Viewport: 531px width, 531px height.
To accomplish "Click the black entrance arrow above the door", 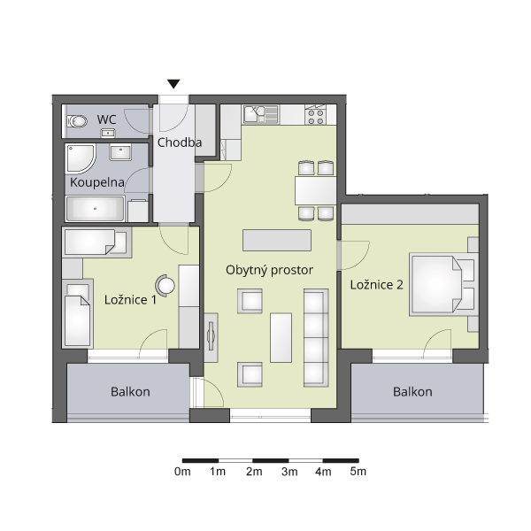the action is click(173, 84).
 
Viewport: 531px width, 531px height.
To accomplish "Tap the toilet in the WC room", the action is click(77, 121).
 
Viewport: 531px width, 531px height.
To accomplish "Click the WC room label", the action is click(106, 119).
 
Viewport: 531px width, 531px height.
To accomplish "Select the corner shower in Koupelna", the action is click(81, 158).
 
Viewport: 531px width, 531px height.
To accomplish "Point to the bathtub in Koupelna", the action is click(96, 209).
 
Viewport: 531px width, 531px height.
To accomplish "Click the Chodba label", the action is click(180, 142).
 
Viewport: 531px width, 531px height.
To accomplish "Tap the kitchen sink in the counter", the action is click(261, 114).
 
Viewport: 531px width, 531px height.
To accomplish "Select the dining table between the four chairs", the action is click(315, 190).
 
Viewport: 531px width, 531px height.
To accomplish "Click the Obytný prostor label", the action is click(269, 270).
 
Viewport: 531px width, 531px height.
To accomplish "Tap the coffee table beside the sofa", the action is click(281, 338).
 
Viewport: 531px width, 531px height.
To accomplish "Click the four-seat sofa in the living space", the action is click(316, 338).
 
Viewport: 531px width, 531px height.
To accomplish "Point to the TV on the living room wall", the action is click(212, 336).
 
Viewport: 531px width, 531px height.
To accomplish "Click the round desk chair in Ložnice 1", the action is click(165, 286).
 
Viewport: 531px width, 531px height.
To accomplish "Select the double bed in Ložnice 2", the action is click(443, 284).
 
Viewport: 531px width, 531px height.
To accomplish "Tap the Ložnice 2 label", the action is click(377, 285).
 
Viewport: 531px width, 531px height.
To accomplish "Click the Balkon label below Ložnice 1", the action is click(130, 392).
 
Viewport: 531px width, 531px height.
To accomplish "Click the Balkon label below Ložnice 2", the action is click(412, 392).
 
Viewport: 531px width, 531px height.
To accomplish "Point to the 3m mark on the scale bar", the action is click(289, 460).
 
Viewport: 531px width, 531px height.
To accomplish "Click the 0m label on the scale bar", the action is click(182, 472).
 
